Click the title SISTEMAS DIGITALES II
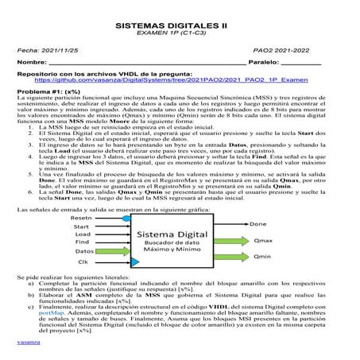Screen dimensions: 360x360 coord(179,25)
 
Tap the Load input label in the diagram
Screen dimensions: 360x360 coord(82,234)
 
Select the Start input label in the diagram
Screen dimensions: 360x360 coord(82,226)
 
